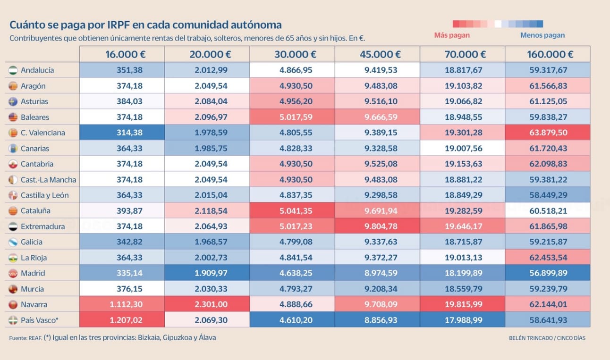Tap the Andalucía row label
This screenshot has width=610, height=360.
tap(37, 70)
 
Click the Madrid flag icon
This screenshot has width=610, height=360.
tap(13, 273)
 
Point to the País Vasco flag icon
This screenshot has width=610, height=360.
tap(13, 320)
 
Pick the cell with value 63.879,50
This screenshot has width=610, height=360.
tap(548, 133)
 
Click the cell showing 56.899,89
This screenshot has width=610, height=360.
tap(548, 273)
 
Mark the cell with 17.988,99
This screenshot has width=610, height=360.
tap(463, 320)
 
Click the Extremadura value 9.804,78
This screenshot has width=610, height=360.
tap(378, 226)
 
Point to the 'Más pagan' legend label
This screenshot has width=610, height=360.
tap(451, 35)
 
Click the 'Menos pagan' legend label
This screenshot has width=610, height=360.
tap(542, 35)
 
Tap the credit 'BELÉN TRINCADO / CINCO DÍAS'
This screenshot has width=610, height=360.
tap(547, 338)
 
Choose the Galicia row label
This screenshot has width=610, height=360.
tap(32, 242)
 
